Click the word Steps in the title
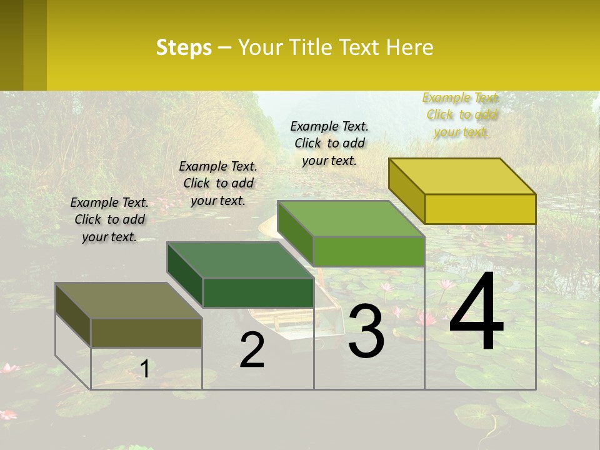[x=184, y=47]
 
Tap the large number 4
[x=476, y=312]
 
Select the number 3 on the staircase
[x=366, y=331]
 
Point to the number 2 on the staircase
[x=252, y=350]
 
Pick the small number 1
[x=144, y=369]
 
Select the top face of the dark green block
[x=241, y=259]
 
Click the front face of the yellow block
[x=480, y=209]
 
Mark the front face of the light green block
[x=369, y=251]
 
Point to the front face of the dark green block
[x=258, y=292]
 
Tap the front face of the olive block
[x=147, y=333]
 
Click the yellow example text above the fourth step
[x=462, y=115]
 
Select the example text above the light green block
[x=329, y=143]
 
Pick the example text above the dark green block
[x=218, y=183]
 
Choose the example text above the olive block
[x=109, y=219]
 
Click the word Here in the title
[x=410, y=47]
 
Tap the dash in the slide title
[x=225, y=48]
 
